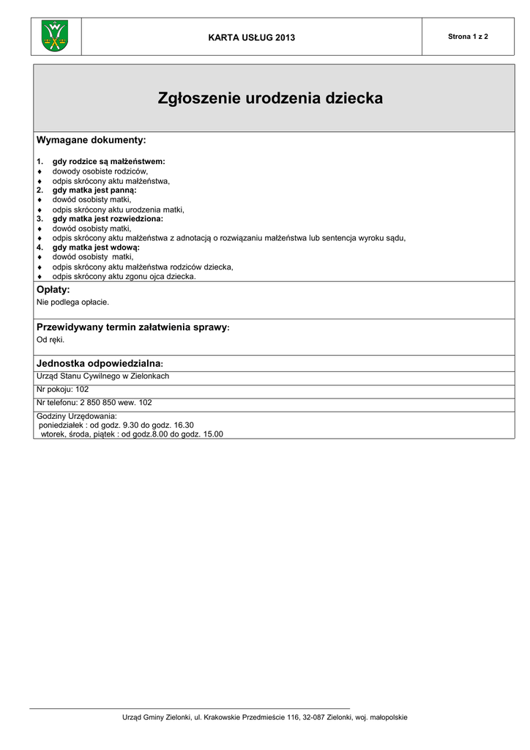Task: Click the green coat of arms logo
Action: [x=55, y=37]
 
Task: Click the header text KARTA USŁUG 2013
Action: [x=252, y=37]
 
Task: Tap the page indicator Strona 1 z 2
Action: [x=468, y=37]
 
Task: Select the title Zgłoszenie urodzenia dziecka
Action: [x=270, y=98]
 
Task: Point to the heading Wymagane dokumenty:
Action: [x=92, y=140]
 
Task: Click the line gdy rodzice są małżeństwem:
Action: [x=108, y=161]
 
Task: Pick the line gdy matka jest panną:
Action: [x=94, y=190]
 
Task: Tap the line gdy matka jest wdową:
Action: [x=96, y=248]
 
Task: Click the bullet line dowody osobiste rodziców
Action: [x=100, y=171]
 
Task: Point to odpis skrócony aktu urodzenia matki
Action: [x=118, y=209]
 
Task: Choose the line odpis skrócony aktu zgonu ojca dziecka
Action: [x=124, y=276]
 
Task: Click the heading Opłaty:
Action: [x=53, y=290]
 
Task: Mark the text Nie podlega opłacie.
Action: [x=72, y=302]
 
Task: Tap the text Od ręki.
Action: [x=51, y=339]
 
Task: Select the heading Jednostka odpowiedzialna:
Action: [x=100, y=363]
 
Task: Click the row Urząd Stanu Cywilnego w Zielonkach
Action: [x=102, y=376]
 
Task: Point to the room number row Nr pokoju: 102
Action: [x=62, y=389]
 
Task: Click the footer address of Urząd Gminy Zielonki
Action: [x=264, y=717]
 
